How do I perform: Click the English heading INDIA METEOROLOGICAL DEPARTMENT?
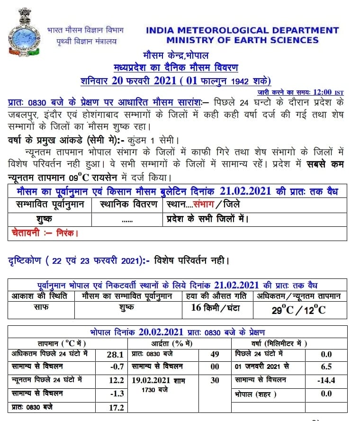point(243,30)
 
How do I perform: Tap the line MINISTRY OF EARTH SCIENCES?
point(243,40)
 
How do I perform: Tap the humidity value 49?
point(214,354)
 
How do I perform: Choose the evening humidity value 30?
point(214,380)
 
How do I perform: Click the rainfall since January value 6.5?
point(326,367)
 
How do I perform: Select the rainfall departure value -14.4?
point(326,380)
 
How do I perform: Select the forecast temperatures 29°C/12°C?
point(298,310)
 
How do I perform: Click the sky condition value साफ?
point(40,307)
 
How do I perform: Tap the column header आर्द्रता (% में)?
point(179,343)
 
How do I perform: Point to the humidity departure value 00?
point(214,367)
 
